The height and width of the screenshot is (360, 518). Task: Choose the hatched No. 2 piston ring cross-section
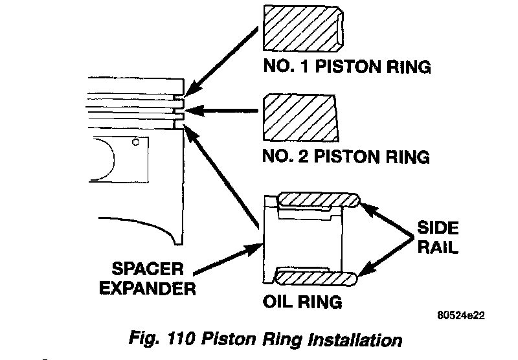click(x=301, y=117)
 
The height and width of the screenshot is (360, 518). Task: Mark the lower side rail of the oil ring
click(x=317, y=276)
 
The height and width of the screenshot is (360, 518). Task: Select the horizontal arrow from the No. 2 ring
click(x=223, y=111)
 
